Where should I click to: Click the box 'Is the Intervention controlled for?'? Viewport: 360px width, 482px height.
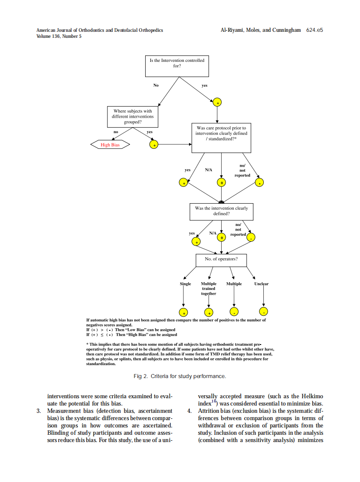(x=177, y=63)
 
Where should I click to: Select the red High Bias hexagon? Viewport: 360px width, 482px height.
(x=110, y=145)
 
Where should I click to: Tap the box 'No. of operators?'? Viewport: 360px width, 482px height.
(x=221, y=259)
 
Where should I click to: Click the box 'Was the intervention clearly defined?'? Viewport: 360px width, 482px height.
(x=221, y=211)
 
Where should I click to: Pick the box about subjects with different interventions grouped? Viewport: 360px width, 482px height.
(x=133, y=116)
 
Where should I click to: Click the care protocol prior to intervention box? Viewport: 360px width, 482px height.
(x=221, y=138)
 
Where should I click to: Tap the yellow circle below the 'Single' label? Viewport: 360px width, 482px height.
(x=183, y=312)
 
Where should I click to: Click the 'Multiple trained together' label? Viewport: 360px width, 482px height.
(x=209, y=288)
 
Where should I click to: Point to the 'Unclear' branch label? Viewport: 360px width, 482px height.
(x=261, y=284)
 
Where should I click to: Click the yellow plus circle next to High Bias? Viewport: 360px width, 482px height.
(x=153, y=145)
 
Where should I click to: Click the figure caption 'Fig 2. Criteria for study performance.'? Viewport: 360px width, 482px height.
(x=180, y=376)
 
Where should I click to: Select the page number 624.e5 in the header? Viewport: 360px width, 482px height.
(x=314, y=30)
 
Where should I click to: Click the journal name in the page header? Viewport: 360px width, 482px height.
(x=100, y=30)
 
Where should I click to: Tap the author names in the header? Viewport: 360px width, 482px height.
(x=260, y=30)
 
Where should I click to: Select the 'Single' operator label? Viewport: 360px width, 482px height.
(x=185, y=284)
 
